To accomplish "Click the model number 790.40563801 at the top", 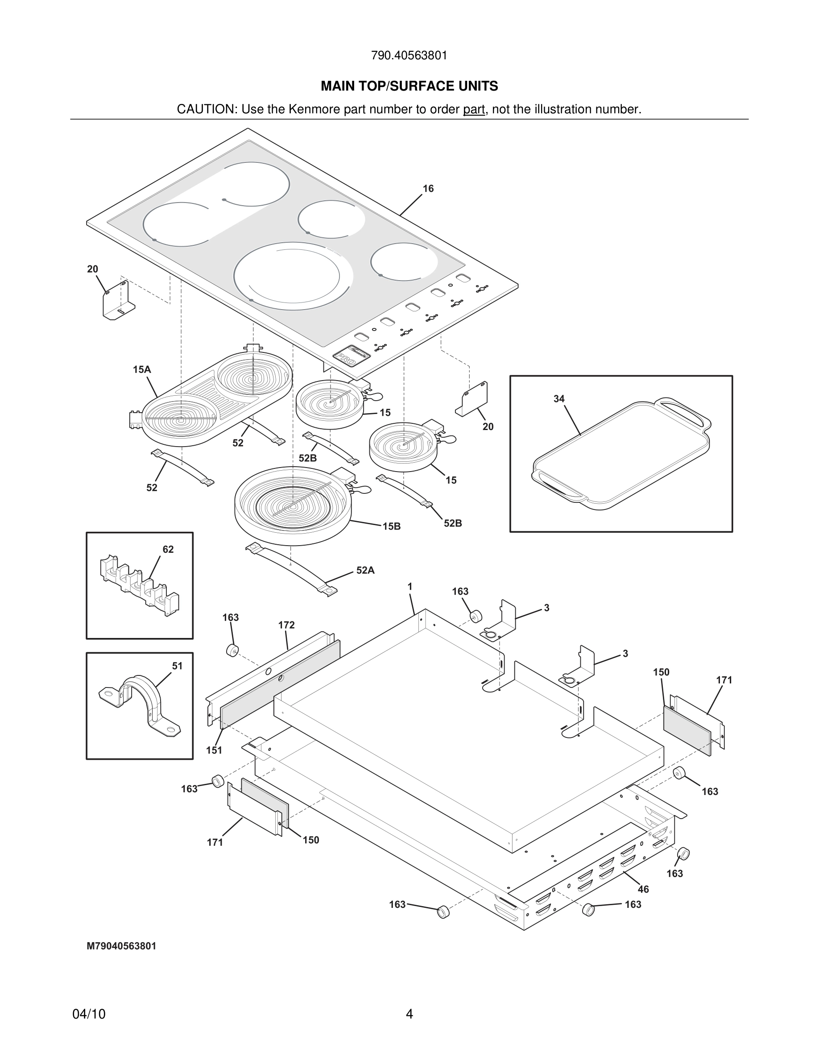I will coord(409,56).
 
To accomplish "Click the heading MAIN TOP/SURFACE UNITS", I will coord(409,87).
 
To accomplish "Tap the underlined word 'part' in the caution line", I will coord(474,110).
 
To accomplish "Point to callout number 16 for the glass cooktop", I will coord(428,189).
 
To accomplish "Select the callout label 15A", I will coord(142,370).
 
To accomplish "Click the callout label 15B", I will coord(392,526).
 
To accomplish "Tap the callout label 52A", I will coord(365,571).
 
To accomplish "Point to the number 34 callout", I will coord(559,399).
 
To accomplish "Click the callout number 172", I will coord(286,625).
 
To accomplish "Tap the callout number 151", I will coord(214,750).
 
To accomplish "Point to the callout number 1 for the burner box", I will coord(410,587).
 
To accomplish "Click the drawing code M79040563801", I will coord(121,946).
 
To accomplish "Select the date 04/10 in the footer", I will coord(89,1014).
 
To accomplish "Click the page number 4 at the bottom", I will coord(409,1014).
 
